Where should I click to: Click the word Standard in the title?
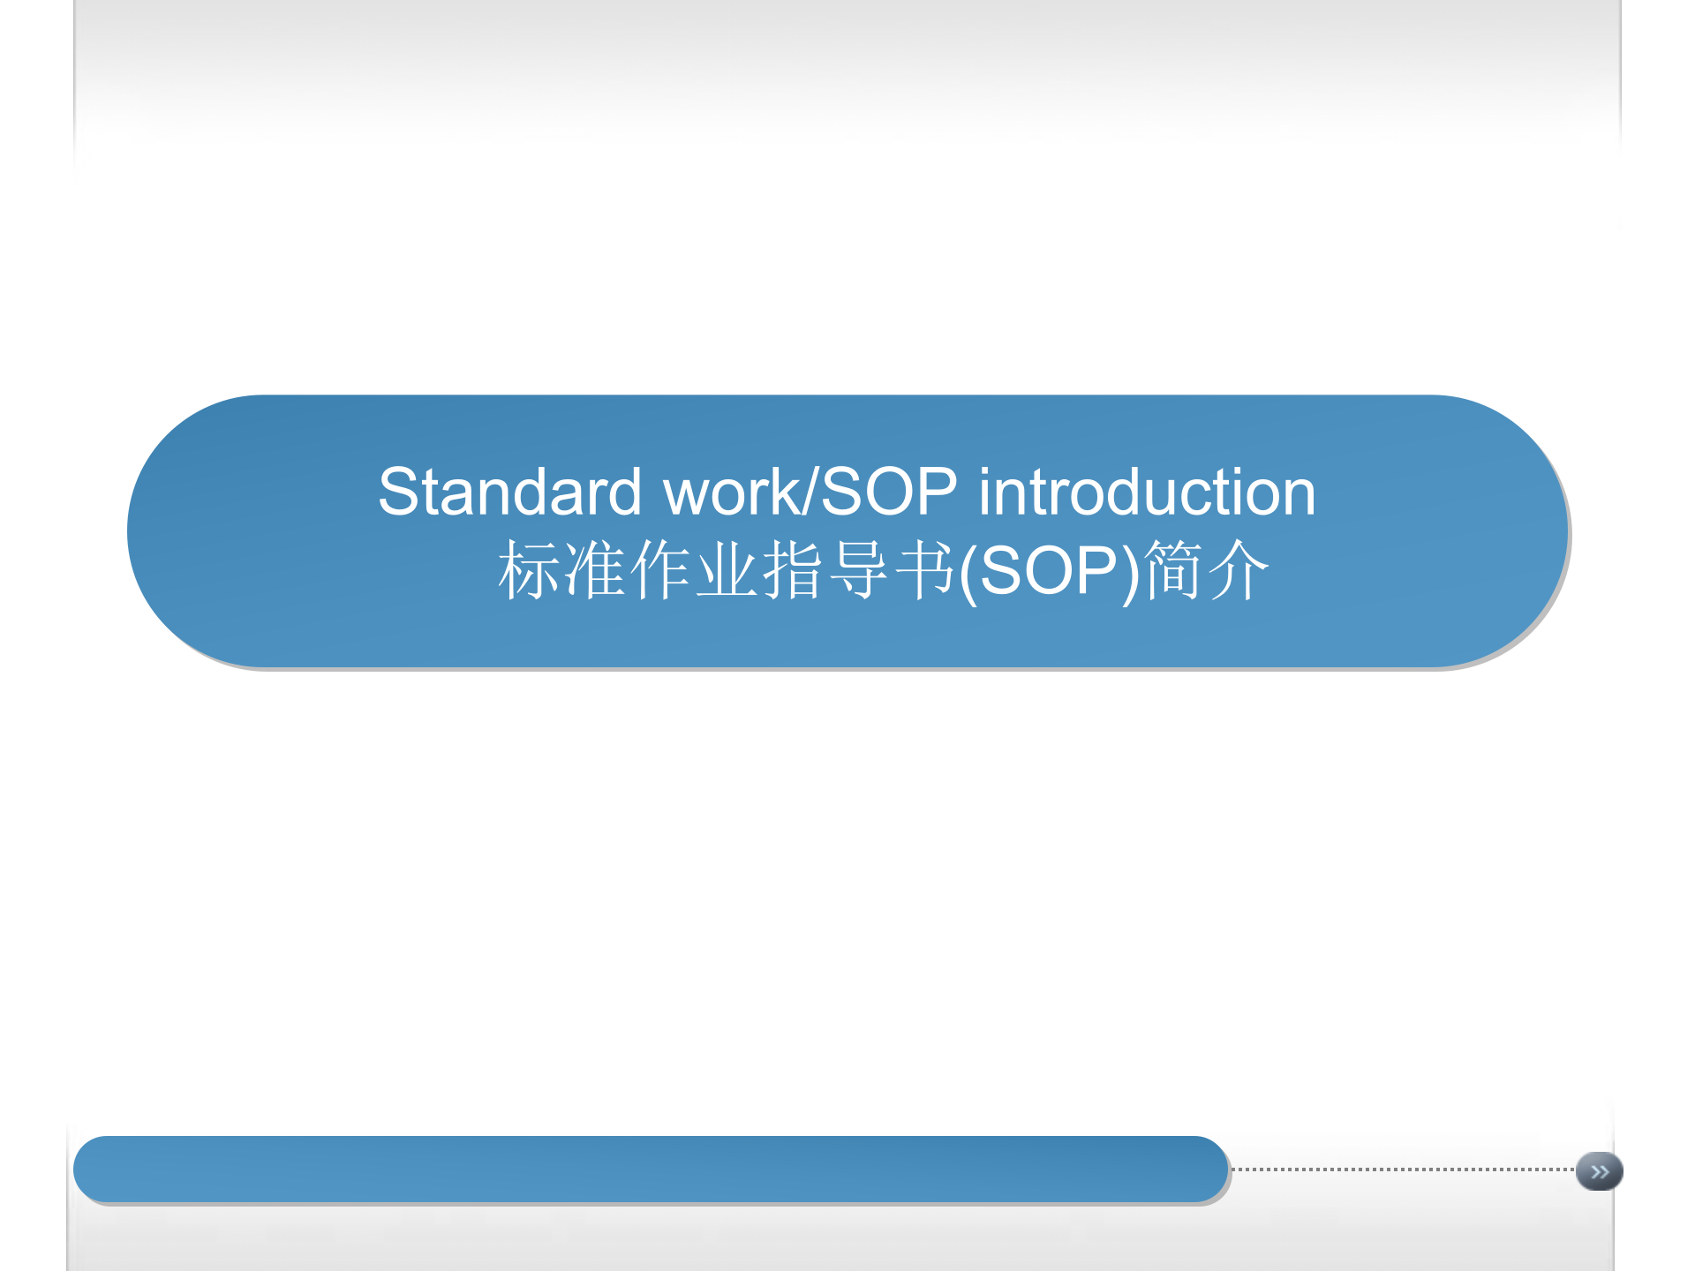pos(509,492)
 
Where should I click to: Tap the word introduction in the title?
pos(1147,492)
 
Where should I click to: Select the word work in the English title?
pos(731,492)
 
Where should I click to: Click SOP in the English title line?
pos(889,492)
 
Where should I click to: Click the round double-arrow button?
pos(1599,1171)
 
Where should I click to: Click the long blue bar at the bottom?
pos(651,1169)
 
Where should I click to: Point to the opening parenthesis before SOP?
pos(968,574)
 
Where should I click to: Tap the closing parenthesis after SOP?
pos(1131,574)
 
